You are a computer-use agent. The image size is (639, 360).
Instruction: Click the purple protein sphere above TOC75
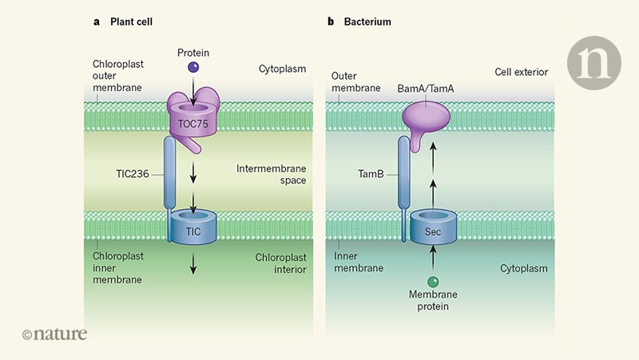(x=192, y=68)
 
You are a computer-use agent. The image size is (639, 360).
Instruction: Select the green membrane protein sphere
(x=432, y=281)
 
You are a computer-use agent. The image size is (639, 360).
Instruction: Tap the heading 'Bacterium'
(x=363, y=22)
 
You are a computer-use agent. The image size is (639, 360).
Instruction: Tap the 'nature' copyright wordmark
(x=54, y=334)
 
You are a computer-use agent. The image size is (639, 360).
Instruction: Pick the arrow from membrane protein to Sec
(x=432, y=259)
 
